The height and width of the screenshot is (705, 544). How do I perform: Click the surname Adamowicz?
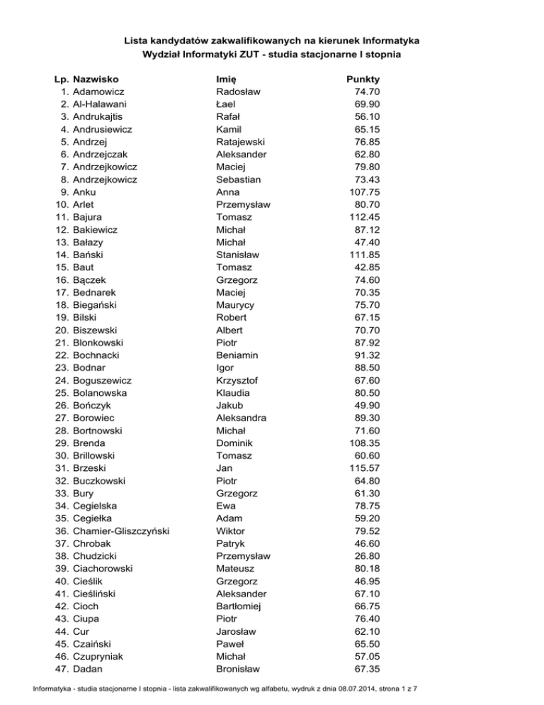pos(99,91)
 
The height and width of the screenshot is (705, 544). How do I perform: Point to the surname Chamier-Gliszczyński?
pos(125,531)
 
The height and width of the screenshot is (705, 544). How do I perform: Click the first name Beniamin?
pos(237,355)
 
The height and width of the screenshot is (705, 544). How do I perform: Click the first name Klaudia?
pos(234,393)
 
